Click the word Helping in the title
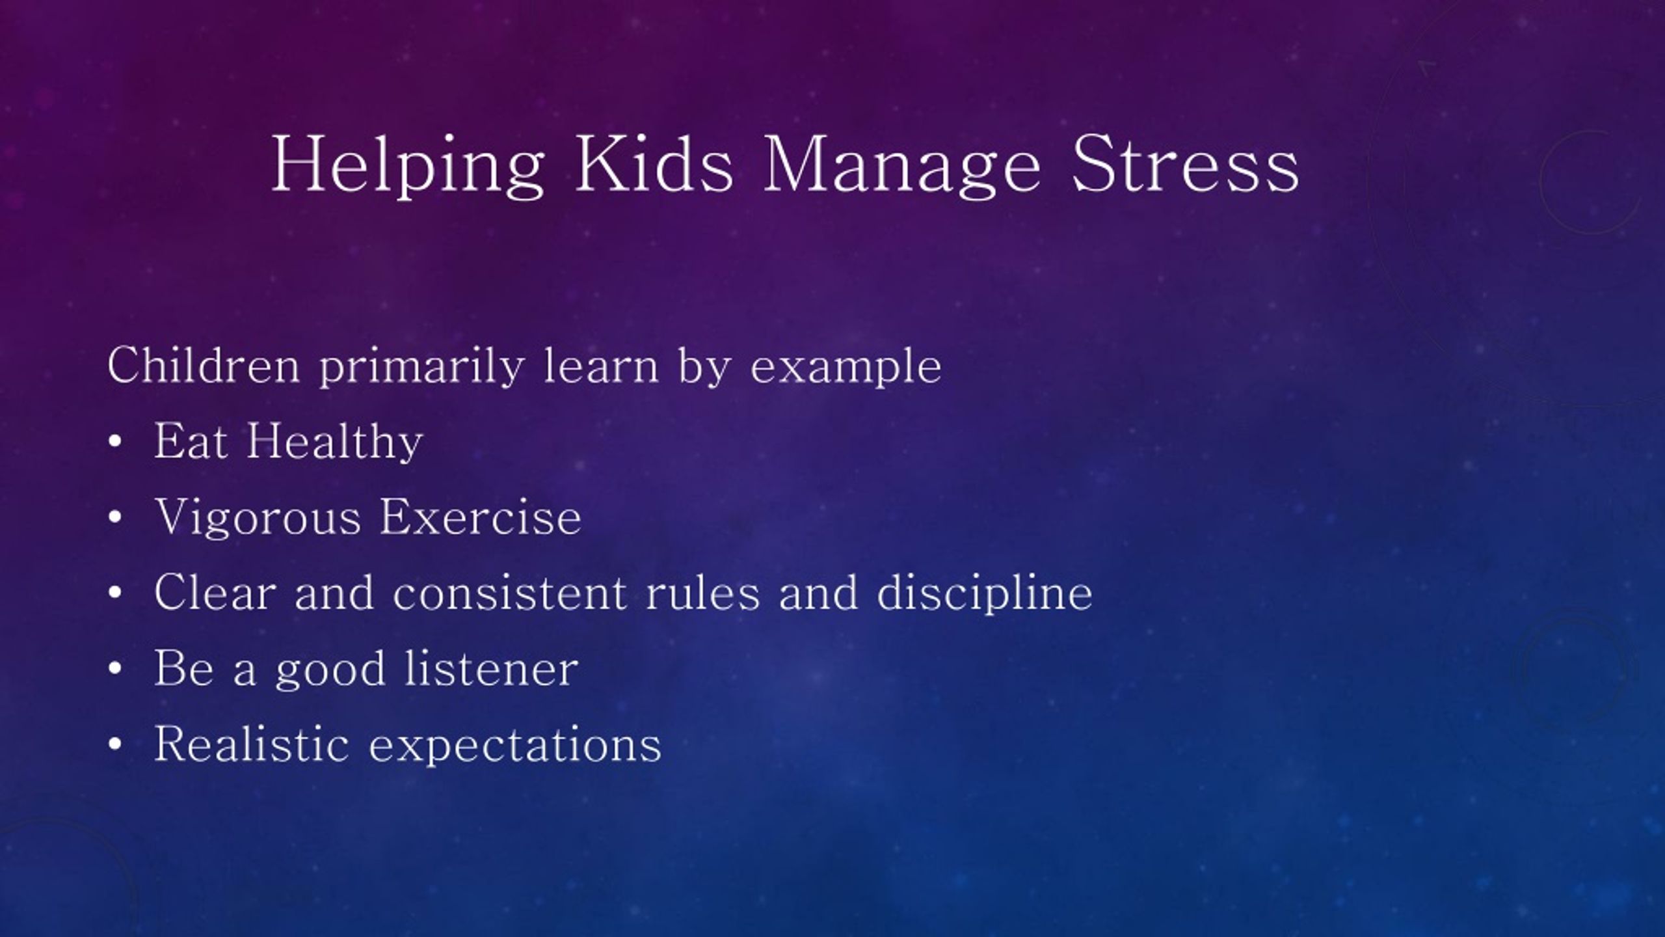point(407,165)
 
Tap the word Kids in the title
point(654,163)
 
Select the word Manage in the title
point(901,167)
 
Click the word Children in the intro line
point(204,365)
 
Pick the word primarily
point(421,368)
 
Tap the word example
point(846,368)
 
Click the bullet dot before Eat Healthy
point(116,442)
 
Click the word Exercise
point(481,517)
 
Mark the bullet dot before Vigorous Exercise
point(116,519)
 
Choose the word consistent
point(509,593)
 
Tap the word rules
point(702,593)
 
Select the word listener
point(491,668)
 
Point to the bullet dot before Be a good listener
point(116,670)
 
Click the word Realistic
point(252,744)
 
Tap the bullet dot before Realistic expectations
point(116,746)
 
